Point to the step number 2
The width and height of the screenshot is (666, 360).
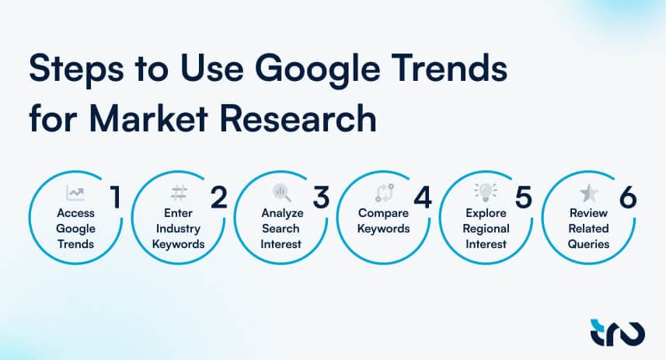point(219,198)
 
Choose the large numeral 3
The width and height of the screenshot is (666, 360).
point(321,198)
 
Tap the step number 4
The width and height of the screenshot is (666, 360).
point(422,198)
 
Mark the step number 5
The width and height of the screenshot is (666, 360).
point(524,198)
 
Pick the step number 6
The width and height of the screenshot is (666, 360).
point(627,198)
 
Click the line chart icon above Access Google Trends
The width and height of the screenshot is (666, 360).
point(75,192)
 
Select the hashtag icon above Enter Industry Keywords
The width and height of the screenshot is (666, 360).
point(178,192)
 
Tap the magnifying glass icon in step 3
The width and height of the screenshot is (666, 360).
point(281,192)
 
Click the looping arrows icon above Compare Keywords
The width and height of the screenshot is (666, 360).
point(382,192)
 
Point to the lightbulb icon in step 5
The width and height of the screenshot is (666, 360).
point(484,192)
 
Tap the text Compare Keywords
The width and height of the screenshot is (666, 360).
point(382,221)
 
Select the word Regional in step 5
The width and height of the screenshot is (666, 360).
point(484,229)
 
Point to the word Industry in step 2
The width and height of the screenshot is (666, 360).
point(178,229)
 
